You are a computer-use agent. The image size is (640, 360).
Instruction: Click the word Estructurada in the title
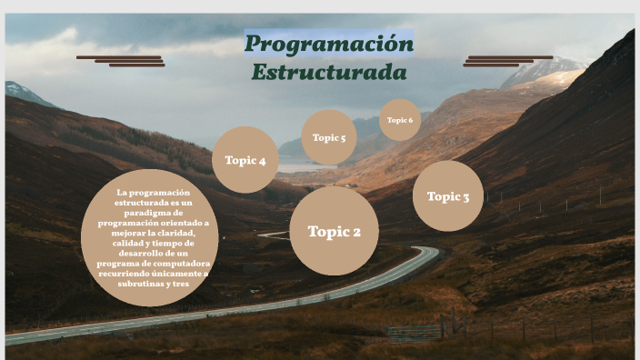pos(328,71)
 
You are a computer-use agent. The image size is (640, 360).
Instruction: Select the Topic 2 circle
pos(334,231)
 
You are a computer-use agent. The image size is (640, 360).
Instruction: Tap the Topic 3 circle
pos(448,196)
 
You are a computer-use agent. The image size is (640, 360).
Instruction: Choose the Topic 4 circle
pos(245,160)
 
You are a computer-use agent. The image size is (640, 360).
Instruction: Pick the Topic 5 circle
pos(328,138)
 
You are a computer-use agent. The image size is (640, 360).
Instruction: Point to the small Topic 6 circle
pos(400,120)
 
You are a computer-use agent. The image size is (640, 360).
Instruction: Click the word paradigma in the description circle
pos(149,212)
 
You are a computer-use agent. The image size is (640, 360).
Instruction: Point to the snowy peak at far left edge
pos(18,89)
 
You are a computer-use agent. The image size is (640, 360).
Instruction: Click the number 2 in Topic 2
pos(355,232)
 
